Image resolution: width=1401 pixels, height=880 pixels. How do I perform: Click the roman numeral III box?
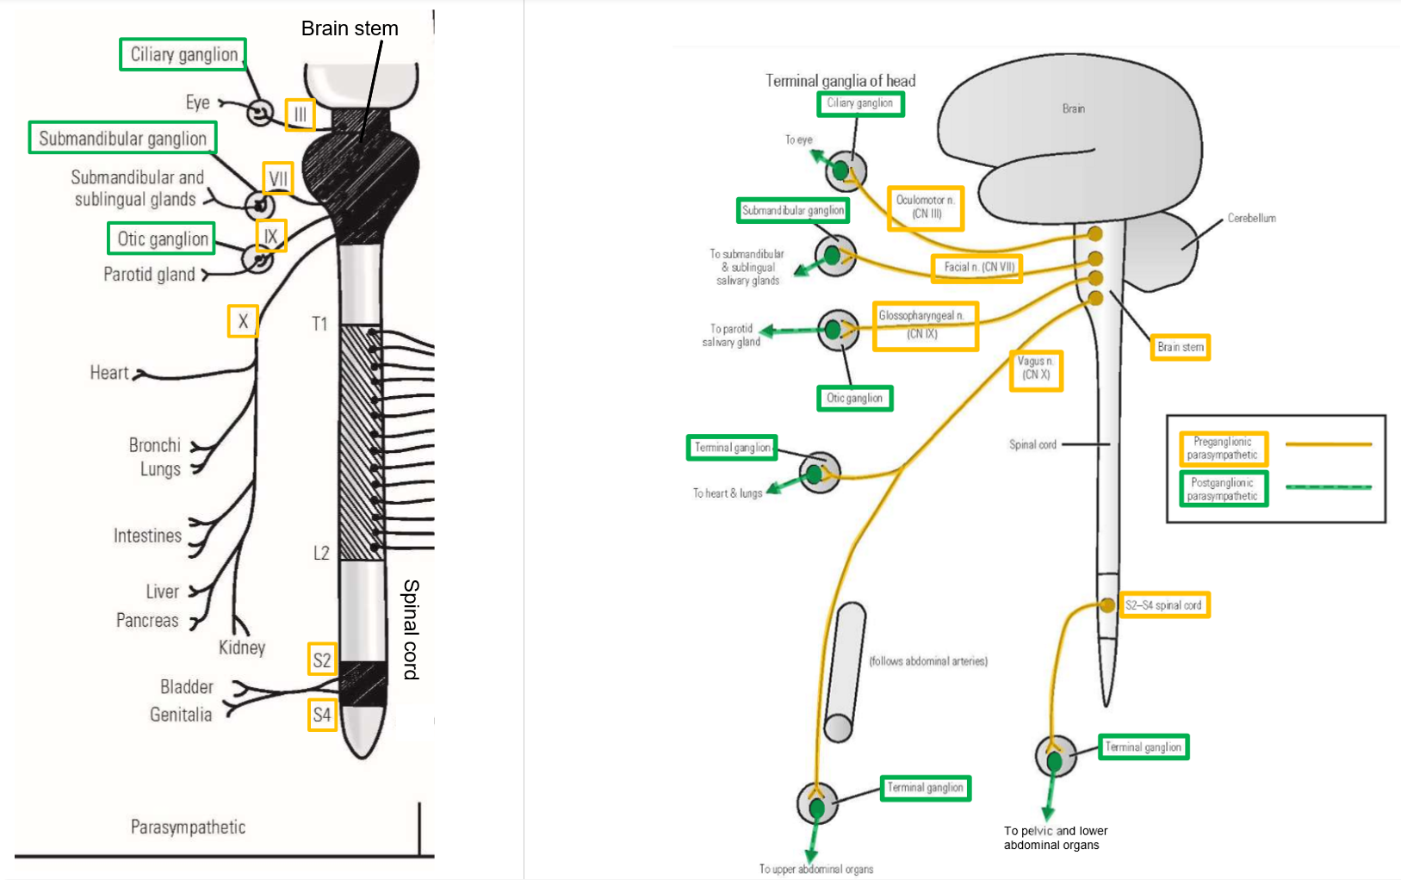(x=300, y=115)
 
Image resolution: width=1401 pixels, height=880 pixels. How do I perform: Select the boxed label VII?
(x=278, y=178)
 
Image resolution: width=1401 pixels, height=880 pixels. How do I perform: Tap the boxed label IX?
(x=270, y=236)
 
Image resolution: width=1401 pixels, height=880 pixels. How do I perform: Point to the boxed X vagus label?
(x=243, y=321)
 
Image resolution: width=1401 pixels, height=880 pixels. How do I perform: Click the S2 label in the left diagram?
(x=322, y=660)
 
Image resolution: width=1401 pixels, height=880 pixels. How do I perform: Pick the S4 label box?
(x=322, y=715)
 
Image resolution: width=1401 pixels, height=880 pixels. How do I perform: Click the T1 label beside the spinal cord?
(x=319, y=324)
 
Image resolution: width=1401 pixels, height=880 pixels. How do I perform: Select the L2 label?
(x=321, y=553)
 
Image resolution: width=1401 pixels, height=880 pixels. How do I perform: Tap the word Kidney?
(x=242, y=648)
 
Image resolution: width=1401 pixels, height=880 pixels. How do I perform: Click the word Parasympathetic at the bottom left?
(x=188, y=827)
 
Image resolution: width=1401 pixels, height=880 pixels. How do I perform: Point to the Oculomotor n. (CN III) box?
(x=925, y=208)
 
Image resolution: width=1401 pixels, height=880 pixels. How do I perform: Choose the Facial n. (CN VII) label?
(x=976, y=268)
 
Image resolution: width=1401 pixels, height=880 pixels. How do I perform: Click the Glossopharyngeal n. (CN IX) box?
(x=925, y=325)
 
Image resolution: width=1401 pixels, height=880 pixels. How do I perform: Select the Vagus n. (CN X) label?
(x=1036, y=369)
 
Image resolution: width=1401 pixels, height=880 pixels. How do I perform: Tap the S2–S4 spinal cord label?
(x=1163, y=605)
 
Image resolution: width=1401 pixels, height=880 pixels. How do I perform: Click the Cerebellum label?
(x=1251, y=219)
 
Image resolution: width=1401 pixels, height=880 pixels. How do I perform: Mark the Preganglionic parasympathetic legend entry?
(x=1223, y=449)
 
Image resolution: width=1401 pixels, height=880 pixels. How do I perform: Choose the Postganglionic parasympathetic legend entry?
(x=1223, y=489)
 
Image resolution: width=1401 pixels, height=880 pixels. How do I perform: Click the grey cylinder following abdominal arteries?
(x=845, y=672)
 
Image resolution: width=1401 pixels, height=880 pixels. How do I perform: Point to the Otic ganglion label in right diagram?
(x=854, y=399)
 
